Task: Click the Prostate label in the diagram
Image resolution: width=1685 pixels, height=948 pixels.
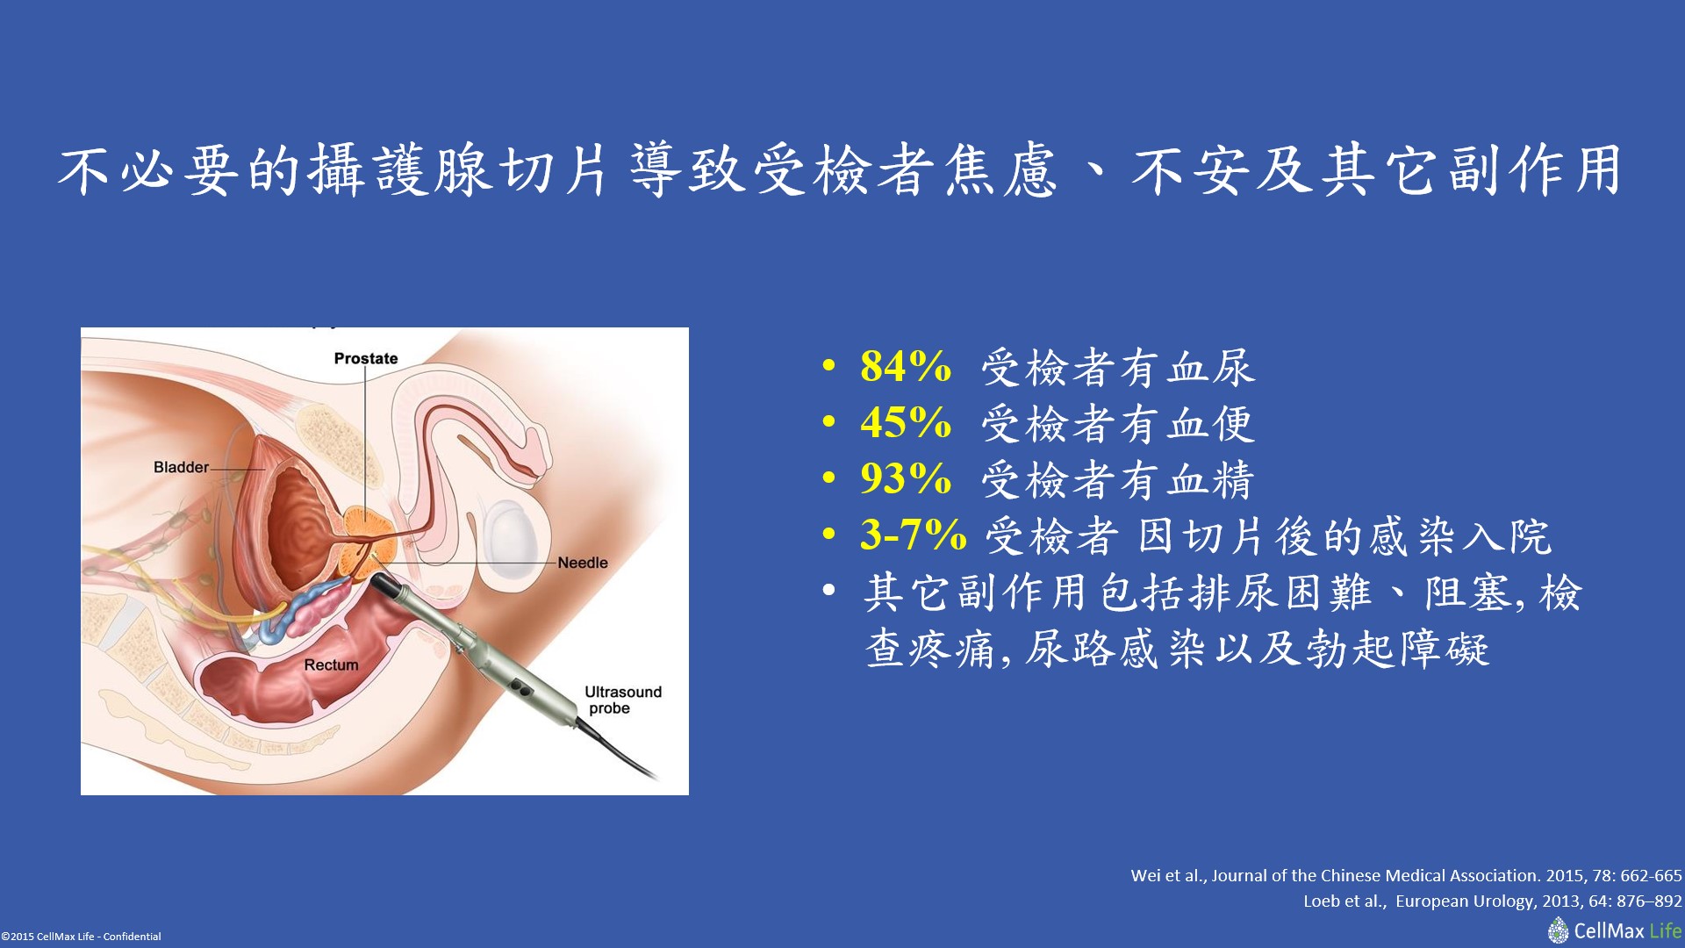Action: pos(366,358)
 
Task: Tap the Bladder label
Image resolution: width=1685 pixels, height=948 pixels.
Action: pos(181,467)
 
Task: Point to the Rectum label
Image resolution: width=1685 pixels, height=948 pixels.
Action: pos(331,665)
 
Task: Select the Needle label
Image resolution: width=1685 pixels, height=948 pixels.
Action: pos(583,563)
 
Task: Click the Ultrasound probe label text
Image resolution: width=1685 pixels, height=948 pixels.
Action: pos(623,700)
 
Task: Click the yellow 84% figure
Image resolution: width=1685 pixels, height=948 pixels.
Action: pos(906,367)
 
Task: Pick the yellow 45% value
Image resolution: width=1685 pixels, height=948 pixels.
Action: pos(906,423)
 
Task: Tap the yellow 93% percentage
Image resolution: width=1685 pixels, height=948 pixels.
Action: pos(906,479)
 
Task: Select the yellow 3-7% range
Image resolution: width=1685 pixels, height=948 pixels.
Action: pos(914,535)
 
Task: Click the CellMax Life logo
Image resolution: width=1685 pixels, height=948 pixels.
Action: pos(1615,930)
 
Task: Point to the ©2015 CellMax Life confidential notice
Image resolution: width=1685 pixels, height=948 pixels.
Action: pos(81,937)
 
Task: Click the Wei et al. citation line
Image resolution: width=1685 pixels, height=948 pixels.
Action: pos(1406,875)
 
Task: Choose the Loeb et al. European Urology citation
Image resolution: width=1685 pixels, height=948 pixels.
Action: pos(1493,901)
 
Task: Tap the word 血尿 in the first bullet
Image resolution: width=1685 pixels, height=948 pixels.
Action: pos(1211,368)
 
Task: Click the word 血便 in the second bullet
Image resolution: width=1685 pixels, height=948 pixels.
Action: pos(1211,424)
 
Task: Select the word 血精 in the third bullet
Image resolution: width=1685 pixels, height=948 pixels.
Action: pos(1211,480)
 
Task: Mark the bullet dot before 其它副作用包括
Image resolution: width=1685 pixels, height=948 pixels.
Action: pos(829,591)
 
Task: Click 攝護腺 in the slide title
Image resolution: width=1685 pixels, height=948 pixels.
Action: pos(399,170)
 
